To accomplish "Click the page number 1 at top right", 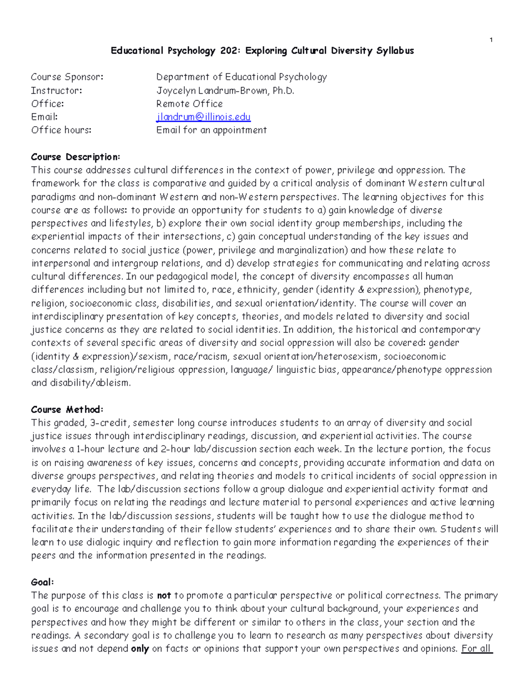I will [491, 40].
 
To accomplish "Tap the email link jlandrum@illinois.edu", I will [203, 117].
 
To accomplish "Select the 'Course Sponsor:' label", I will [67, 77].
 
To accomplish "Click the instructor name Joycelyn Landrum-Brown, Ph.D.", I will [225, 91].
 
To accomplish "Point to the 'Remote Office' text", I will [189, 104].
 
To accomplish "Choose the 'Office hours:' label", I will [61, 130].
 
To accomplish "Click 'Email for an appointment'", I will [211, 130].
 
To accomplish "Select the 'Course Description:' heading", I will [75, 157].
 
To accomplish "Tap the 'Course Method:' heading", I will [67, 409].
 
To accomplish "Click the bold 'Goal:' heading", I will [43, 582].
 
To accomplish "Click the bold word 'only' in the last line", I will [140, 649].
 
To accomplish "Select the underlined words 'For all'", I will [477, 649].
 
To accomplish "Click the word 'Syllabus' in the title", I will [395, 51].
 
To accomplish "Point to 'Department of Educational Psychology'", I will [242, 77].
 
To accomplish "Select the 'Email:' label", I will [44, 117].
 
